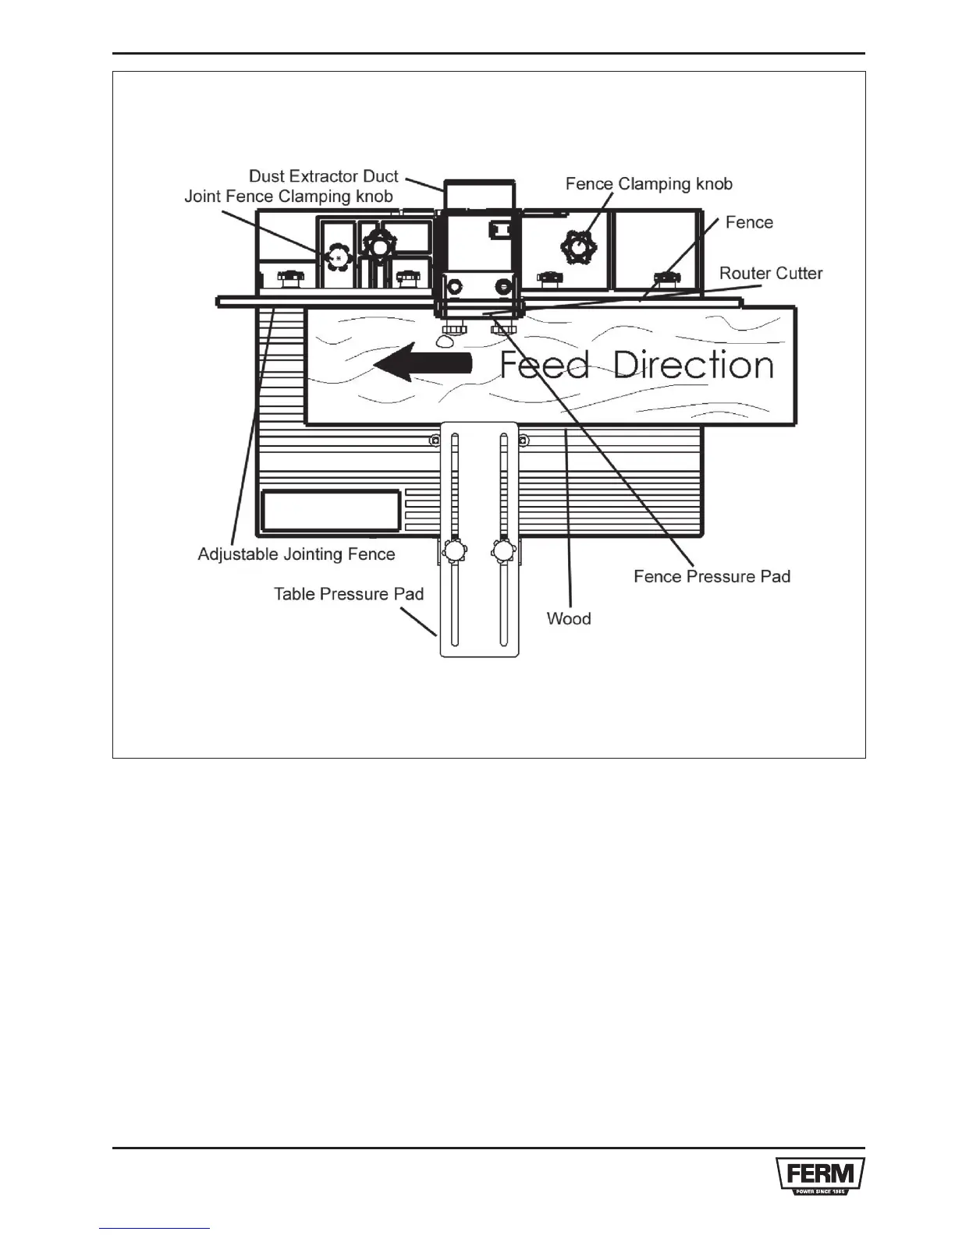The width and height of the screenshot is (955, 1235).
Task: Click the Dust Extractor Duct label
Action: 323,176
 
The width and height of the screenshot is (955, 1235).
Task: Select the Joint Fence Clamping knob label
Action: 288,196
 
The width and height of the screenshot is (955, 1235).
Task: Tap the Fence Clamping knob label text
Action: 648,184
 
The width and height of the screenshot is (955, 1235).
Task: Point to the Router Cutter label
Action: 770,273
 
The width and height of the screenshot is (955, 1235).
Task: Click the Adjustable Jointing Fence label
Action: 296,554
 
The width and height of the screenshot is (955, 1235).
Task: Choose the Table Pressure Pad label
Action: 348,594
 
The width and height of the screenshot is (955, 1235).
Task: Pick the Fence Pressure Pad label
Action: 712,576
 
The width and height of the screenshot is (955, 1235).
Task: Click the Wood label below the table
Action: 568,618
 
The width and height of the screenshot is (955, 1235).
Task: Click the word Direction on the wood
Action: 693,365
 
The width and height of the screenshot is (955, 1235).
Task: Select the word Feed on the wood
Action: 544,365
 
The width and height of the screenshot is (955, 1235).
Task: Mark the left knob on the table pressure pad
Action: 453,552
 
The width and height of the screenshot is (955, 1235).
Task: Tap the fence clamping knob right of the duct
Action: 578,246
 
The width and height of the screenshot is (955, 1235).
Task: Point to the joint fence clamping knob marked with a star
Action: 338,257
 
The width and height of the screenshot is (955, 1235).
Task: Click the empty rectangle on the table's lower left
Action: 331,511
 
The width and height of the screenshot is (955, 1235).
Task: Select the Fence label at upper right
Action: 749,222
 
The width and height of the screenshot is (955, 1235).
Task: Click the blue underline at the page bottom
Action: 155,1229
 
